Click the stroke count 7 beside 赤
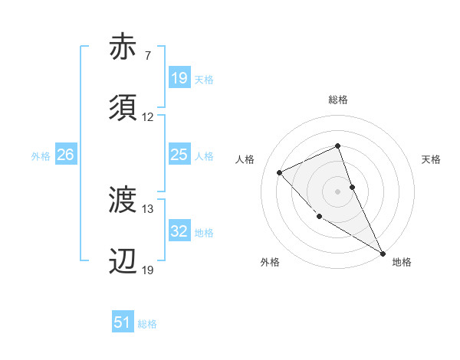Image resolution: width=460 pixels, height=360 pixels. click(x=147, y=56)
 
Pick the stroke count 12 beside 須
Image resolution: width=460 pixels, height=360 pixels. click(x=148, y=118)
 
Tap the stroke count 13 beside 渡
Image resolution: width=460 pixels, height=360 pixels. click(x=148, y=209)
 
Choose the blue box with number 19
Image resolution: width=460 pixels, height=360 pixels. click(x=179, y=78)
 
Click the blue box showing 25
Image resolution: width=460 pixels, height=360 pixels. click(x=179, y=155)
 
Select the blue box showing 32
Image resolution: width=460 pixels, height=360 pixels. click(x=179, y=232)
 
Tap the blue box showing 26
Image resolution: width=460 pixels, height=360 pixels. click(x=65, y=155)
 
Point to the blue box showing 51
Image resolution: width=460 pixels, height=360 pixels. click(x=123, y=323)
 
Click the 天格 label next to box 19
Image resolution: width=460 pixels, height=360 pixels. click(x=204, y=79)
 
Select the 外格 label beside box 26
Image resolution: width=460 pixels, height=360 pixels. click(x=41, y=156)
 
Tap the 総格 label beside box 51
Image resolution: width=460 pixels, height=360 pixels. click(x=147, y=324)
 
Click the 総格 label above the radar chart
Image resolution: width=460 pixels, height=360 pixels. click(x=338, y=100)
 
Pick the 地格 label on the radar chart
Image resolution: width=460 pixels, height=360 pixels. click(x=402, y=262)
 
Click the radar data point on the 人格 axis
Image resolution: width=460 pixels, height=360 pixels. click(x=280, y=172)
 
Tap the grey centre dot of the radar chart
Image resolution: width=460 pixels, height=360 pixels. click(x=338, y=191)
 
